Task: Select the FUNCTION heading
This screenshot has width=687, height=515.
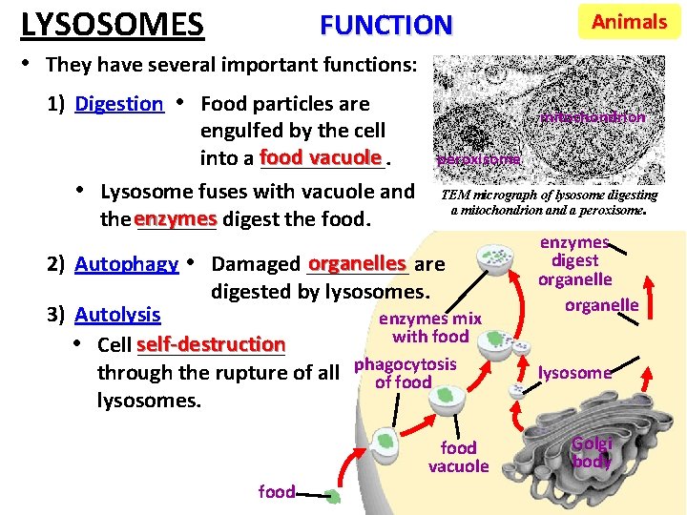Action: pyautogui.click(x=385, y=24)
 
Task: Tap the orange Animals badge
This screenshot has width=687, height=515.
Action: pyautogui.click(x=629, y=22)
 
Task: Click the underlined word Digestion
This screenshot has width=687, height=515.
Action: pyautogui.click(x=119, y=104)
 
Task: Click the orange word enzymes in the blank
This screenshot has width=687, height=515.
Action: pyautogui.click(x=176, y=217)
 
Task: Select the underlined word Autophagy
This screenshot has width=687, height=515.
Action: pyautogui.click(x=126, y=264)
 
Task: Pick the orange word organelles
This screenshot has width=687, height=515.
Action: pyautogui.click(x=357, y=262)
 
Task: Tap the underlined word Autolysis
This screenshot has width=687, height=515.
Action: pyautogui.click(x=117, y=315)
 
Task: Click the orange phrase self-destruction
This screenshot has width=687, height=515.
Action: pyautogui.click(x=211, y=343)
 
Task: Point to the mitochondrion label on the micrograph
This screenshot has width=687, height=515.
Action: pyautogui.click(x=593, y=117)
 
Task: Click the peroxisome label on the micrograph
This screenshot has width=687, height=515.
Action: pyautogui.click(x=479, y=159)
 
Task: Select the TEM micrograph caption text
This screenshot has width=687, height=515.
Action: pyautogui.click(x=548, y=201)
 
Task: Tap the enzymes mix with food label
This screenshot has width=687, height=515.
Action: pyautogui.click(x=430, y=327)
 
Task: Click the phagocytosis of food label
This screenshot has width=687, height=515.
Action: pyautogui.click(x=405, y=373)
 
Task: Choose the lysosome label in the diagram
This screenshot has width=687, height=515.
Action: pyautogui.click(x=574, y=373)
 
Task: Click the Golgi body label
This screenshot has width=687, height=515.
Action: pyautogui.click(x=592, y=452)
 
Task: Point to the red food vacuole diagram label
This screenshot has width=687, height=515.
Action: pyautogui.click(x=458, y=457)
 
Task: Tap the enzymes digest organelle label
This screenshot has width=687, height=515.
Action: pyautogui.click(x=574, y=260)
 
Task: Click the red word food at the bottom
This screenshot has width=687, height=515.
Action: pyautogui.click(x=277, y=491)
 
